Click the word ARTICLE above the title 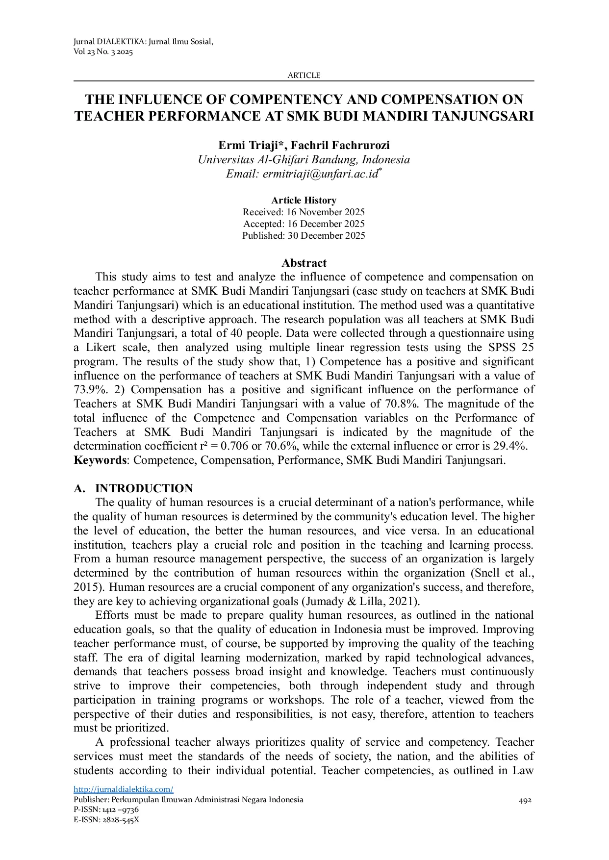[x=304, y=76]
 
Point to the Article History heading [x=304, y=201]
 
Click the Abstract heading [x=304, y=263]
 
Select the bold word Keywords [x=100, y=461]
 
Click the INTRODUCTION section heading [x=144, y=489]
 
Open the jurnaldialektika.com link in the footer [x=124, y=789]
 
